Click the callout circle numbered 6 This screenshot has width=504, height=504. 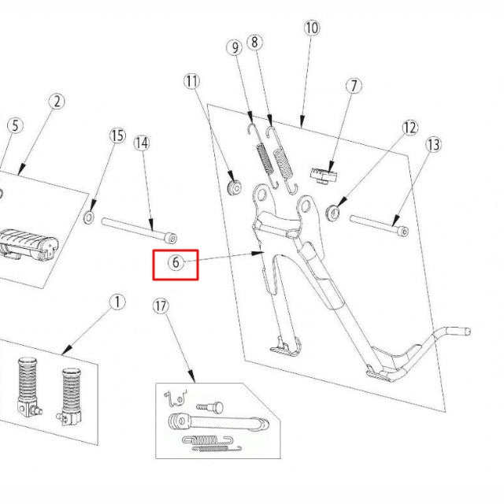(175, 263)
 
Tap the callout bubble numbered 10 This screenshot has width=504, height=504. (311, 28)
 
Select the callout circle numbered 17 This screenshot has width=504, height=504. (161, 306)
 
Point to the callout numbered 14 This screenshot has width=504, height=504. (141, 143)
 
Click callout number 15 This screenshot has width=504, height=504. (117, 136)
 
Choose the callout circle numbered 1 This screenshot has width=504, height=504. (117, 302)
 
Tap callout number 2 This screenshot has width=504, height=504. (57, 101)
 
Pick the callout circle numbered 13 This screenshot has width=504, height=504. (433, 145)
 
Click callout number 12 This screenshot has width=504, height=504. (409, 128)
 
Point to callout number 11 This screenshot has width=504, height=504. (193, 80)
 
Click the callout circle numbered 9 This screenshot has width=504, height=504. (235, 48)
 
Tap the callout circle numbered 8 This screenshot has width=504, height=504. (254, 43)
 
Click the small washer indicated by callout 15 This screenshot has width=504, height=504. (90, 215)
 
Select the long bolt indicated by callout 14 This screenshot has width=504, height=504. (139, 229)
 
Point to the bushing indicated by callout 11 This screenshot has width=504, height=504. (233, 187)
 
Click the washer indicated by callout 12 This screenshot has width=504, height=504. (333, 211)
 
